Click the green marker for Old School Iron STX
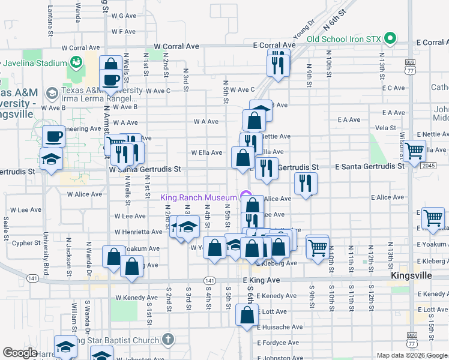coord(391,39)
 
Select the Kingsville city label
coord(411,275)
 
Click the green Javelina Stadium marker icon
coord(76,61)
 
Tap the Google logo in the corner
coord(19,353)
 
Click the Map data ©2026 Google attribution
coord(412,355)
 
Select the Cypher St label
coord(26,243)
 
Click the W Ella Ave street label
coord(206,152)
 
